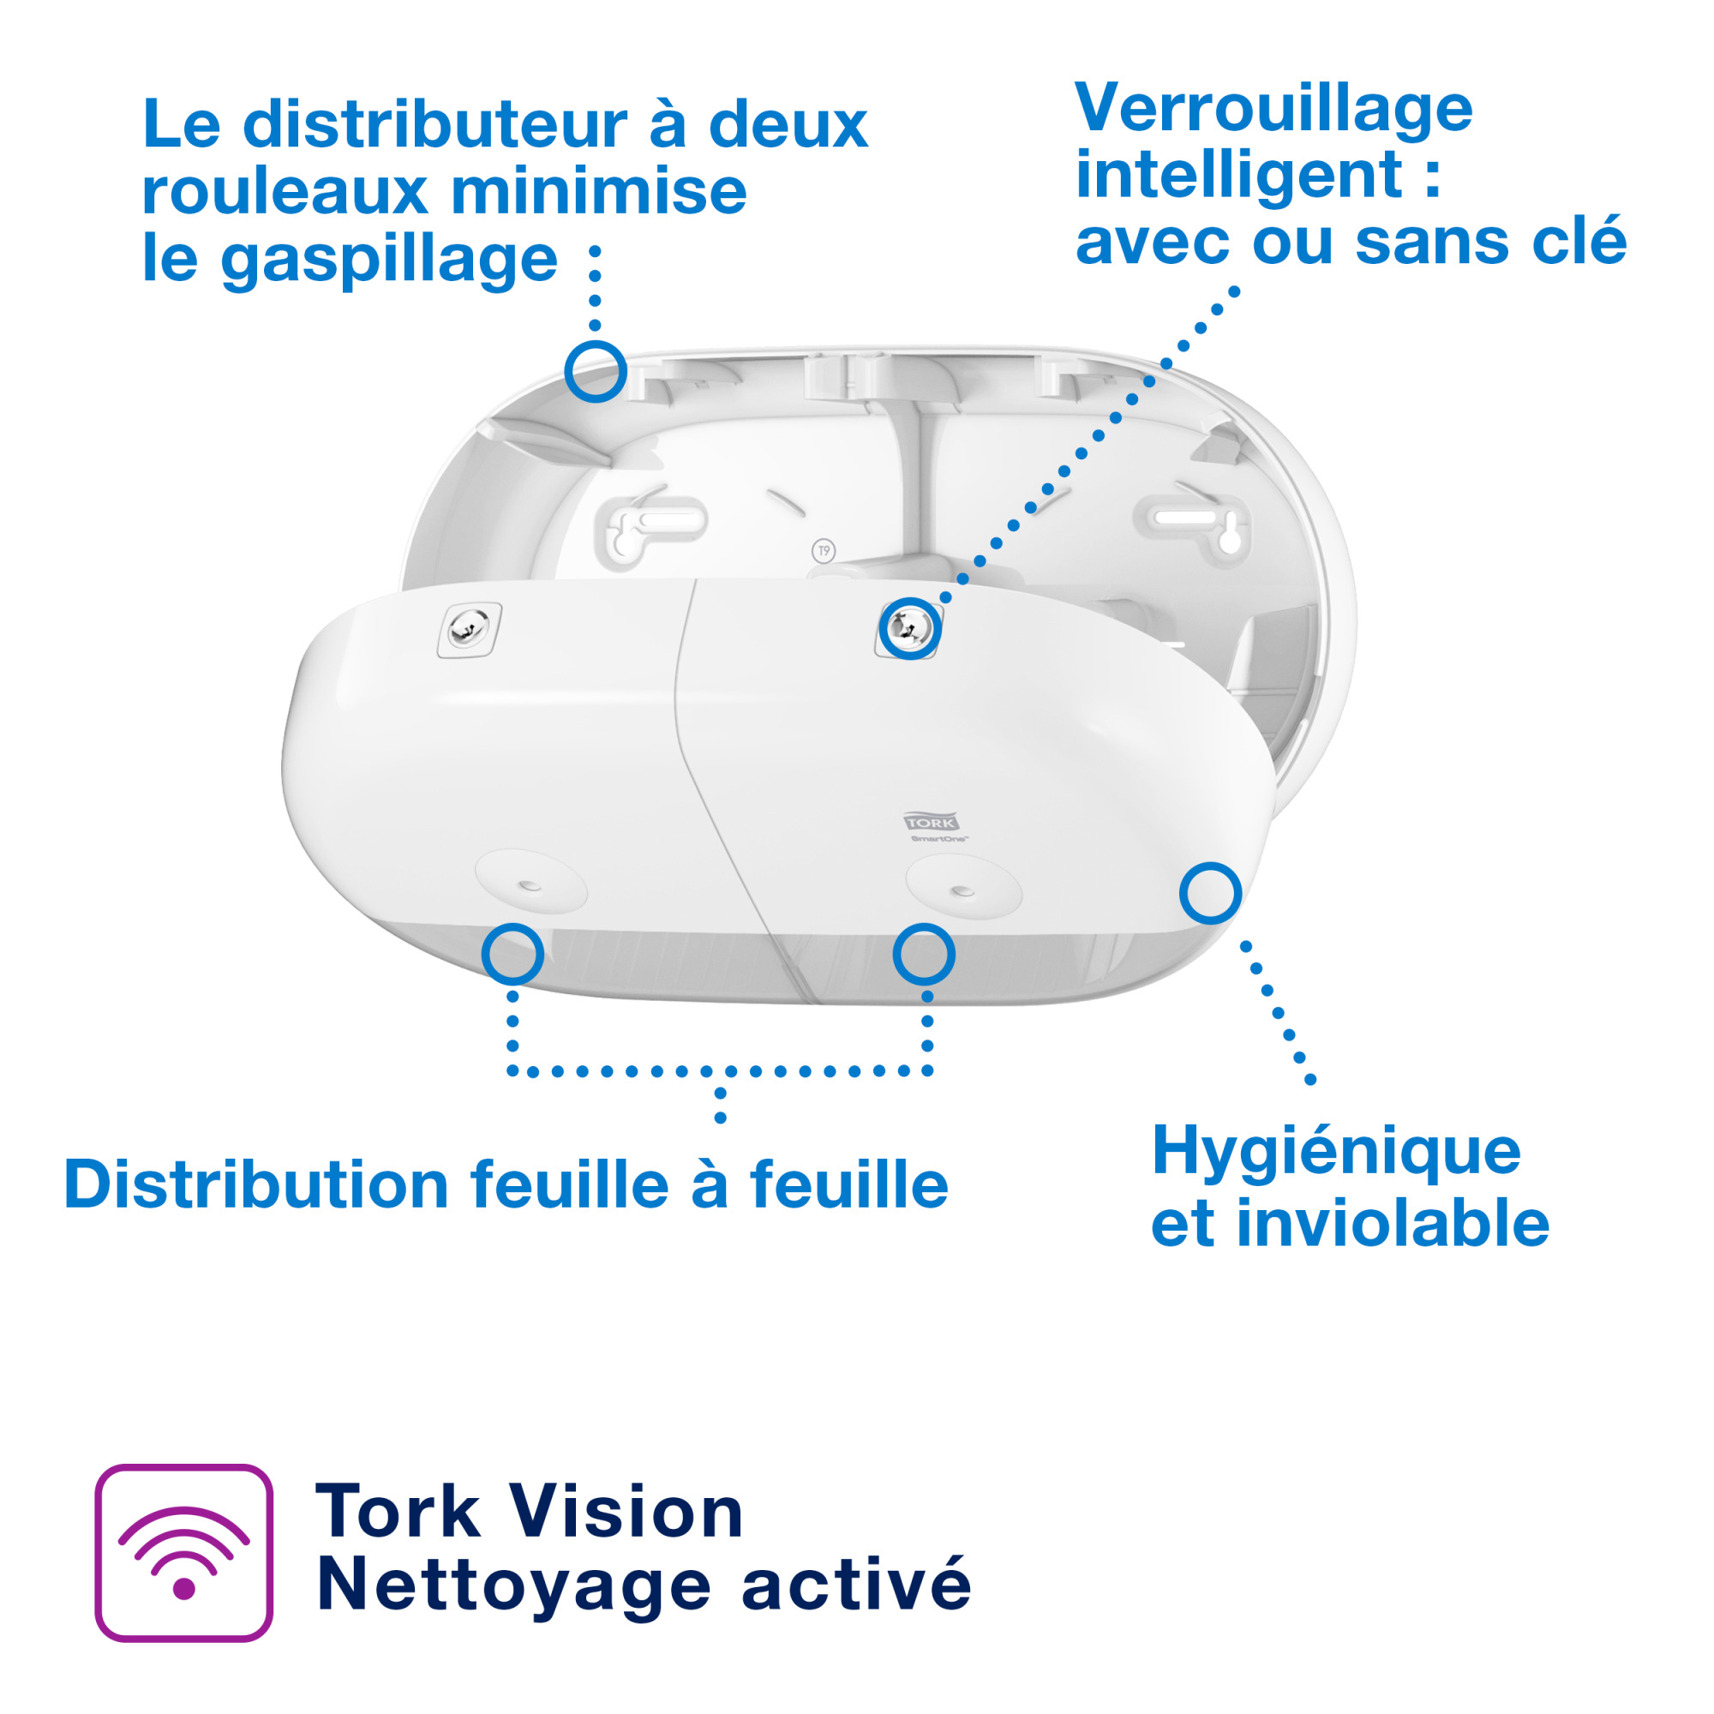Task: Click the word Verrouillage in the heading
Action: (1274, 110)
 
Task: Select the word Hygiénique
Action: (1335, 1154)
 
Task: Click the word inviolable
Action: (1392, 1225)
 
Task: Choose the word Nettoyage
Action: (513, 1585)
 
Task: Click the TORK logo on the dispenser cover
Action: (931, 823)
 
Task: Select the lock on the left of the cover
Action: (469, 629)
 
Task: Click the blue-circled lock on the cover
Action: (909, 628)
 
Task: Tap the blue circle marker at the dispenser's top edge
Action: (596, 371)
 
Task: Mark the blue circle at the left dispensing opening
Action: (512, 954)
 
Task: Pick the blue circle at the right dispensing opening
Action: (924, 954)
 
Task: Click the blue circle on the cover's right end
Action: (1210, 892)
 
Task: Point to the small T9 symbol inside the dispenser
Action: (824, 551)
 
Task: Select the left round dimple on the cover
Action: (530, 884)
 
